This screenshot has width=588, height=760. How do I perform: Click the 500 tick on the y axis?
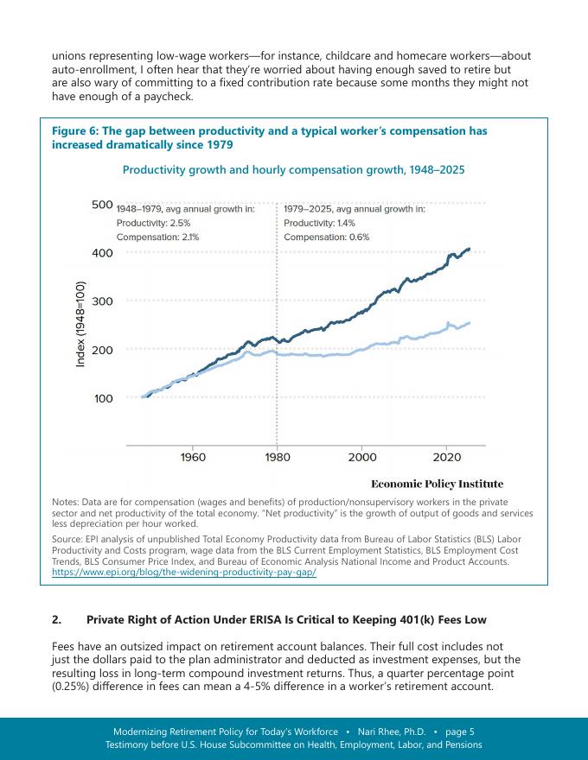click(x=101, y=205)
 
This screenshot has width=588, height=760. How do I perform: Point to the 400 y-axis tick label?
click(x=101, y=253)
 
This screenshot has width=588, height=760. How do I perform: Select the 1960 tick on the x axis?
click(x=192, y=457)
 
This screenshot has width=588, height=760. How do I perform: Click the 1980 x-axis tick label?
click(x=277, y=457)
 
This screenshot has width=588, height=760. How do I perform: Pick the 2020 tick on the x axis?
click(x=446, y=457)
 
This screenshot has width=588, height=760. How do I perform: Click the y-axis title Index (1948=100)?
click(x=80, y=324)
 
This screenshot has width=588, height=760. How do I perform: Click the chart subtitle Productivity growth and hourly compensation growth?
click(x=293, y=170)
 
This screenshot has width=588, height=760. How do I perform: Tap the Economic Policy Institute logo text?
click(x=437, y=484)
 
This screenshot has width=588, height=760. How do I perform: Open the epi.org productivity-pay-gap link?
click(x=184, y=573)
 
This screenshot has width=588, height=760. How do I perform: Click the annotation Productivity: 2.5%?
click(x=154, y=223)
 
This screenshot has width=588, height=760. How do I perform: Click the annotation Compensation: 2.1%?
click(x=158, y=237)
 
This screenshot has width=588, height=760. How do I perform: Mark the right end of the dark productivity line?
click(x=470, y=249)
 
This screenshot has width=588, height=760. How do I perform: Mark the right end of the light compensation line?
click(x=470, y=323)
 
